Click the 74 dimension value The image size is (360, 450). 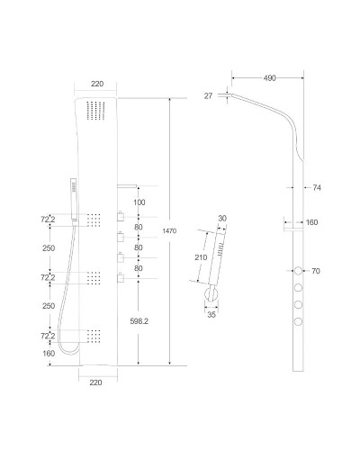pos(317,187)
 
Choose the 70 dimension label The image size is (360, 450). pos(316,270)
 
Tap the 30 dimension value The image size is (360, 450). pos(223,217)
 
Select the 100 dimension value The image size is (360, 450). pos(138,202)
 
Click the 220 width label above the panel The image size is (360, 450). pos(97,84)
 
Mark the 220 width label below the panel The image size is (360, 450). pos(97,382)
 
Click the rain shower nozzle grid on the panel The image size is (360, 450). pos(94,112)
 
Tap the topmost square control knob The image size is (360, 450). pos(118,216)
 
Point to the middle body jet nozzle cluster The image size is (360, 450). pos(94,281)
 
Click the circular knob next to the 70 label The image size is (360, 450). pos(298,270)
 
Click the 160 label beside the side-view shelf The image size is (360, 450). pos(312,222)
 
